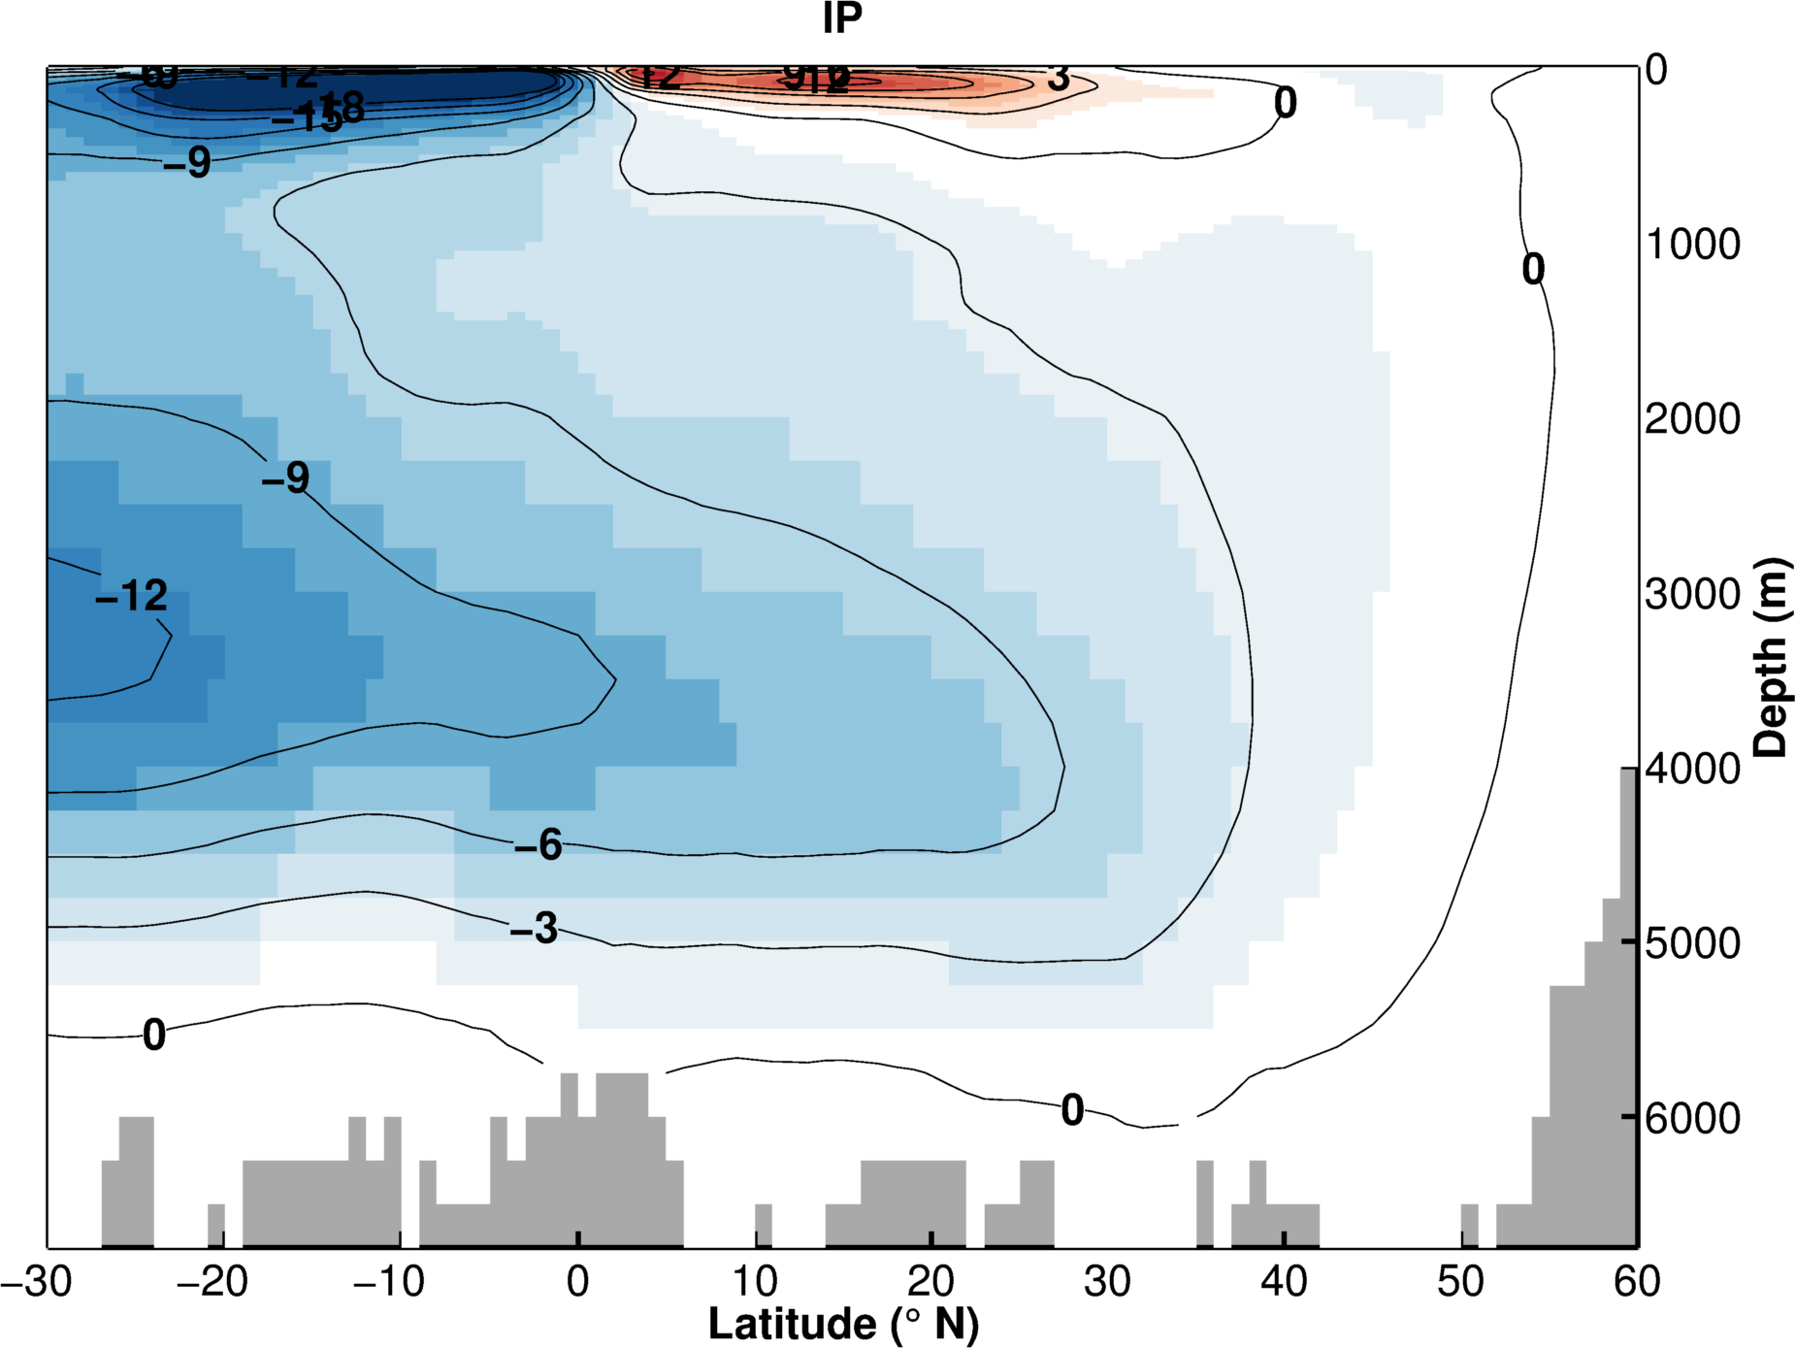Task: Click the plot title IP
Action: tap(842, 18)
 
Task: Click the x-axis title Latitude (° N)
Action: tap(843, 1324)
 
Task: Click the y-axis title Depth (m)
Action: tap(1772, 657)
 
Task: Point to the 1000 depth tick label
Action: tap(1693, 245)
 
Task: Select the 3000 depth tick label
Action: tap(1693, 594)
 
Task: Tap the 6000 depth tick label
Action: tap(1693, 1118)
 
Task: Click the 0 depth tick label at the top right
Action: tap(1656, 70)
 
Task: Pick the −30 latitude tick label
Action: tap(37, 1282)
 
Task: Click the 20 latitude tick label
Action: tap(930, 1282)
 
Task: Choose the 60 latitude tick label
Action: tap(1637, 1282)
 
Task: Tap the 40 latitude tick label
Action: tap(1284, 1282)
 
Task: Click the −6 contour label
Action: tap(538, 845)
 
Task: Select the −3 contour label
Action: tap(535, 929)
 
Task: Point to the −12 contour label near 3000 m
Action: tap(132, 596)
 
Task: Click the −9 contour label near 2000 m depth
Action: tap(285, 477)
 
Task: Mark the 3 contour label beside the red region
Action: tap(1059, 78)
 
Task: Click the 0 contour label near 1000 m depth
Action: tap(1533, 270)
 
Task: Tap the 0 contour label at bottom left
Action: tap(154, 1036)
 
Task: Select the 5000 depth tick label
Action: tap(1693, 943)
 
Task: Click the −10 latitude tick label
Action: tap(389, 1282)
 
